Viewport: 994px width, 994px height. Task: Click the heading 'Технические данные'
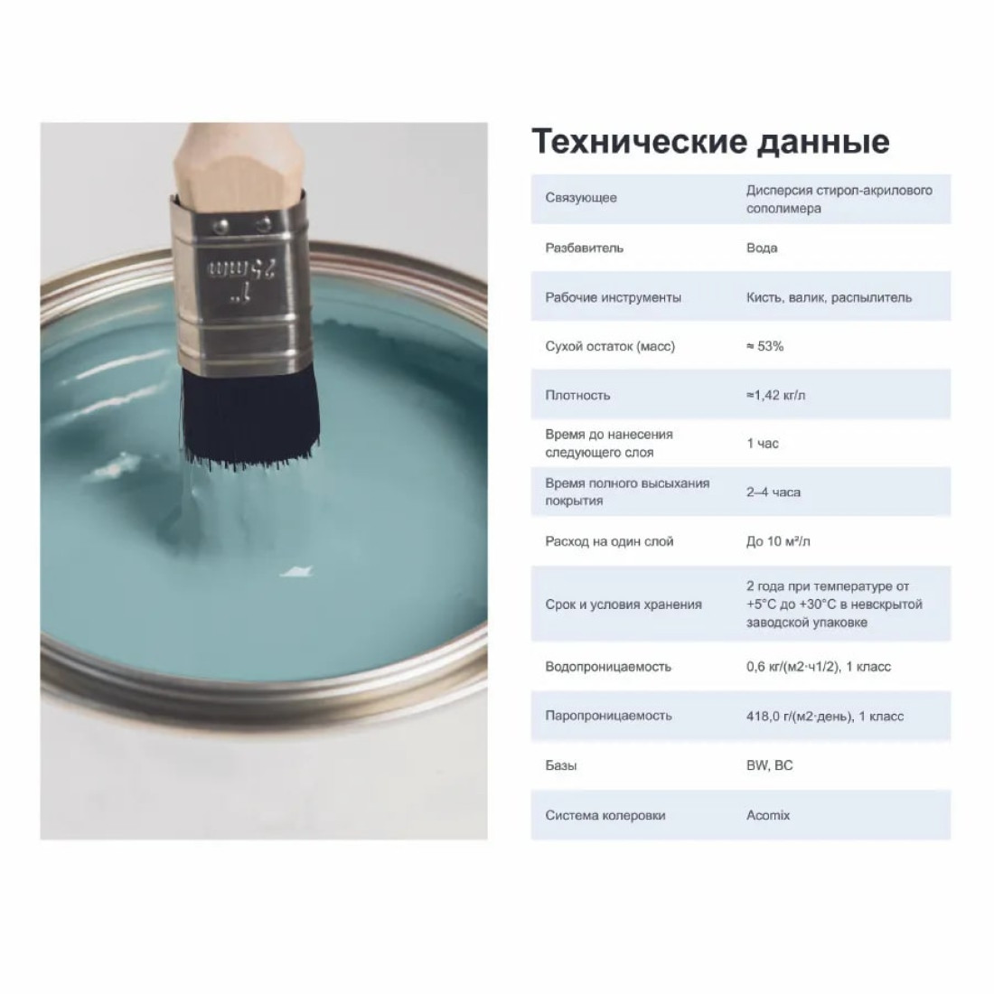(710, 141)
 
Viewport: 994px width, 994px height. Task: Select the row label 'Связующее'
(581, 198)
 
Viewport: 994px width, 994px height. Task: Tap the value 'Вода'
(762, 248)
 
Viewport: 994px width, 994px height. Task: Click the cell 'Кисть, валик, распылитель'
(829, 297)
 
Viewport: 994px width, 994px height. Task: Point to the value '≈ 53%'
(764, 346)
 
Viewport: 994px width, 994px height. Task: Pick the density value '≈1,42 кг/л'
(775, 395)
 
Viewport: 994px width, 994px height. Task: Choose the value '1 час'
(762, 444)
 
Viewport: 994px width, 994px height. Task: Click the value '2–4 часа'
(773, 492)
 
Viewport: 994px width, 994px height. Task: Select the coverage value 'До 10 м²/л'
(778, 541)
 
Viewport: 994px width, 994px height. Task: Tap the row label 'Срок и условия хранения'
(624, 605)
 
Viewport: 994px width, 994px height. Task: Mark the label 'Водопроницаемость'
(607, 667)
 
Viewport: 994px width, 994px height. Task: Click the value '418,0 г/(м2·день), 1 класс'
(825, 717)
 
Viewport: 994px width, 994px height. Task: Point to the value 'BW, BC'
(769, 765)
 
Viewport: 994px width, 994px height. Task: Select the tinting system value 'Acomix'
(768, 815)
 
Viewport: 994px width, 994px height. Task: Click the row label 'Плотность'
(577, 396)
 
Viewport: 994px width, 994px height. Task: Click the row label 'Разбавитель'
(584, 248)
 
